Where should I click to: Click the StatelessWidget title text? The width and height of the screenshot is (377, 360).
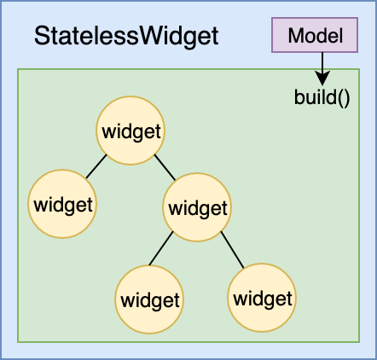coord(126,37)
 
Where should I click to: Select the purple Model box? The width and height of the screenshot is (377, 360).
coord(315,35)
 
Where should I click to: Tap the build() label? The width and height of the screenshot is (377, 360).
coord(322,98)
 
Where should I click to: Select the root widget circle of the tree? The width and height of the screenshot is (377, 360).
coord(130,131)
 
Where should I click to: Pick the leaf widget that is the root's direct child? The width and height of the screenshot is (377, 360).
coord(62,204)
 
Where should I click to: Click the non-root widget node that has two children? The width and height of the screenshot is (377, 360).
coord(197,207)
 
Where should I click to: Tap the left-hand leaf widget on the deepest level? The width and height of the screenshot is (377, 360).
coord(149,299)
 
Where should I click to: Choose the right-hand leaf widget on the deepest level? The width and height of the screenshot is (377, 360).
coord(262,298)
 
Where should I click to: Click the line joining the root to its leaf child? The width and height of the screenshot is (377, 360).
coord(96,166)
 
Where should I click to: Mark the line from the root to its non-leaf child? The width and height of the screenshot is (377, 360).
coord(165,167)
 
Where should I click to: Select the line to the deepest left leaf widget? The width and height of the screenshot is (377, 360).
coord(161,248)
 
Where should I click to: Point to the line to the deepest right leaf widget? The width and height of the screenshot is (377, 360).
coord(233,250)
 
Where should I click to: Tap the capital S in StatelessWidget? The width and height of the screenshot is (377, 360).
coord(42,36)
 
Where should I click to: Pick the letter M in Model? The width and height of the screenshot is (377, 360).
coord(297,36)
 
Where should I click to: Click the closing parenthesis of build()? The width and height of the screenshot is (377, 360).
coord(347,98)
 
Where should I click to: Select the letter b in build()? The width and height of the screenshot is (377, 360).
coord(299,97)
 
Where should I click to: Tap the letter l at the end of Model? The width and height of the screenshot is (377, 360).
coord(340,36)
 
